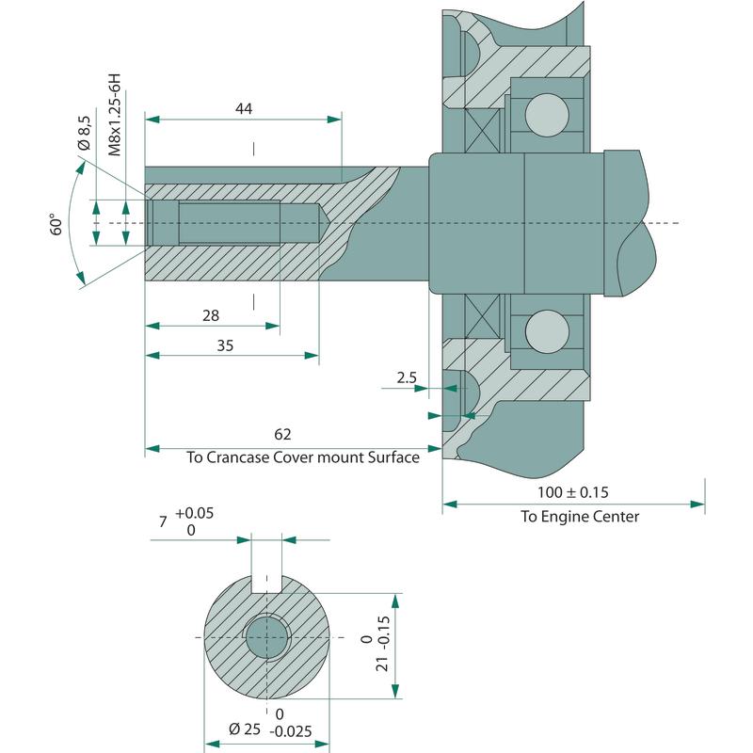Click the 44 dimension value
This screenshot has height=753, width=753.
[244, 108]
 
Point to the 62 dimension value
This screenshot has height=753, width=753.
[283, 434]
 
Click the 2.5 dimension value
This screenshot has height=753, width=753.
[407, 377]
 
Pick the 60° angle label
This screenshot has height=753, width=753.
[57, 224]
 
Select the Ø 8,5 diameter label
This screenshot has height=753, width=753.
[83, 133]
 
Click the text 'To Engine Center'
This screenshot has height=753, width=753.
[580, 517]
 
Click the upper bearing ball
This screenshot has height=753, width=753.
[547, 115]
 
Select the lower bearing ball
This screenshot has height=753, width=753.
[547, 330]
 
